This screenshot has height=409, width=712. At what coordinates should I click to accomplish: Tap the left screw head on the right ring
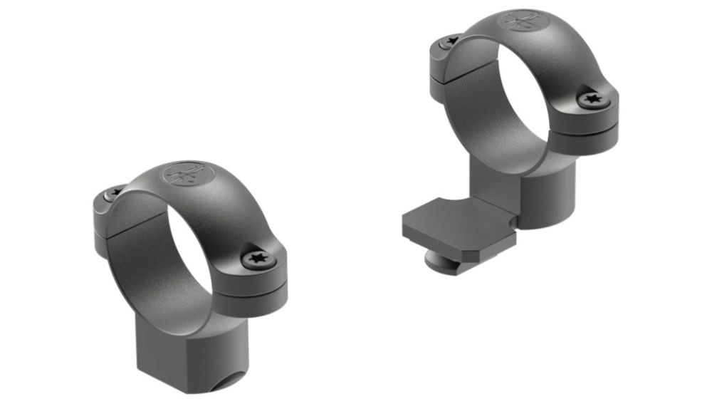pos(449,43)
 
